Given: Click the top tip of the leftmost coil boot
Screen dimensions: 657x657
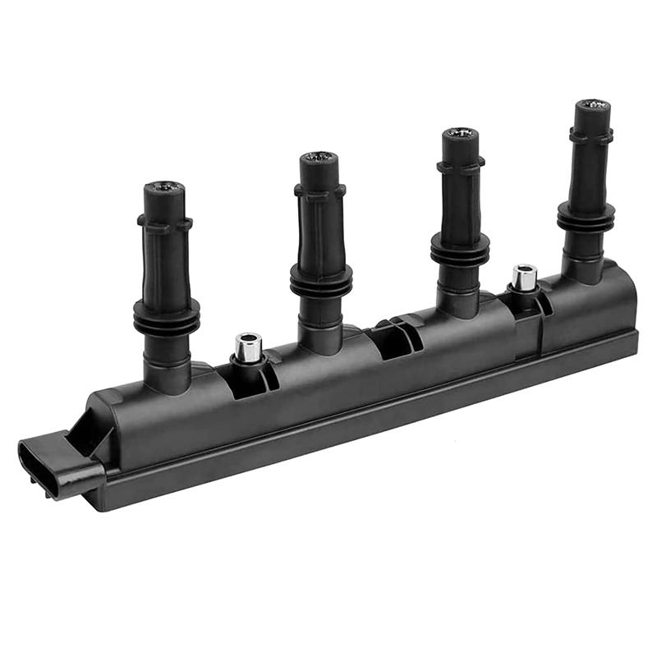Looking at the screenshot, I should pyautogui.click(x=164, y=188).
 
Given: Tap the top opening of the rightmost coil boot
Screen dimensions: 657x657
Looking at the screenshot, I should pyautogui.click(x=592, y=105).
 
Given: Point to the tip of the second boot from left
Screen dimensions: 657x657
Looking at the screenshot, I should pyautogui.click(x=319, y=157).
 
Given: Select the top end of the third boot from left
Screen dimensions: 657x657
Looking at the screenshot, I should pyautogui.click(x=461, y=134).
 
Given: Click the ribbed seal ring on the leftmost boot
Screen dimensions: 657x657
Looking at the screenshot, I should pyautogui.click(x=167, y=316).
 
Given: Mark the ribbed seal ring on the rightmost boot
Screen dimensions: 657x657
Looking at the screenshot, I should pyautogui.click(x=586, y=217).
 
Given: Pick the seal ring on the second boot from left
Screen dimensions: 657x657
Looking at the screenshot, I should pyautogui.click(x=321, y=281).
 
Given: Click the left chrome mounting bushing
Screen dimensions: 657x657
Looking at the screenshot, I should pyautogui.click(x=247, y=347).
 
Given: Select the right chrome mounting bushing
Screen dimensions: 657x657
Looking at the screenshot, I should pyautogui.click(x=524, y=277).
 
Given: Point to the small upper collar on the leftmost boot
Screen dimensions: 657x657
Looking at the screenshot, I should pyautogui.click(x=164, y=222).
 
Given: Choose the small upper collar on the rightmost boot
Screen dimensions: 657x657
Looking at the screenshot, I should pyautogui.click(x=591, y=134).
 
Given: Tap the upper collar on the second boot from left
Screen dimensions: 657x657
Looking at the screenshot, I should pyautogui.click(x=319, y=191).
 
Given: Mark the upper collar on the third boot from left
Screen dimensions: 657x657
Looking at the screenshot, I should pyautogui.click(x=460, y=166).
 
